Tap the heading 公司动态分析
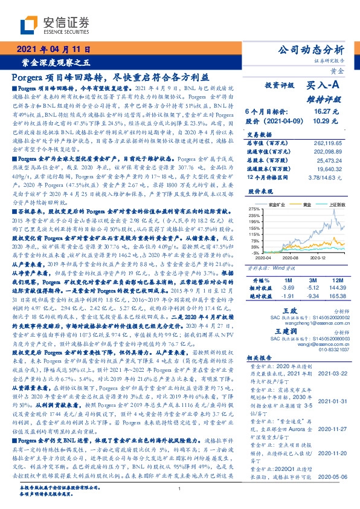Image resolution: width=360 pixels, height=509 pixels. tap(310, 50)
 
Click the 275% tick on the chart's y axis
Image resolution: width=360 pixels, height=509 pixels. tap(254, 209)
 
